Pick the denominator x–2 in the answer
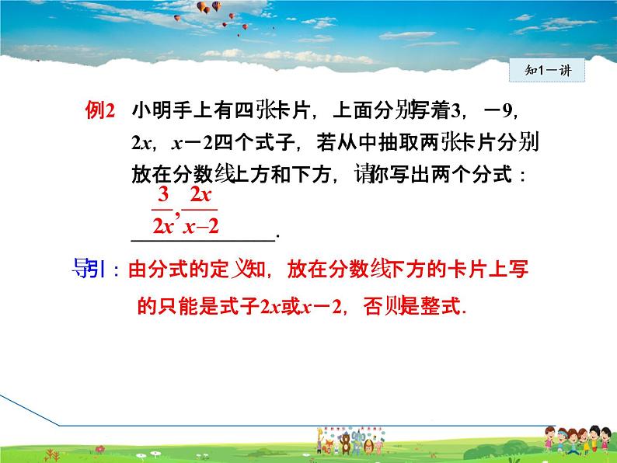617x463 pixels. (x=200, y=227)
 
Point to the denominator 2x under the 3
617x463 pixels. (x=162, y=227)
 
